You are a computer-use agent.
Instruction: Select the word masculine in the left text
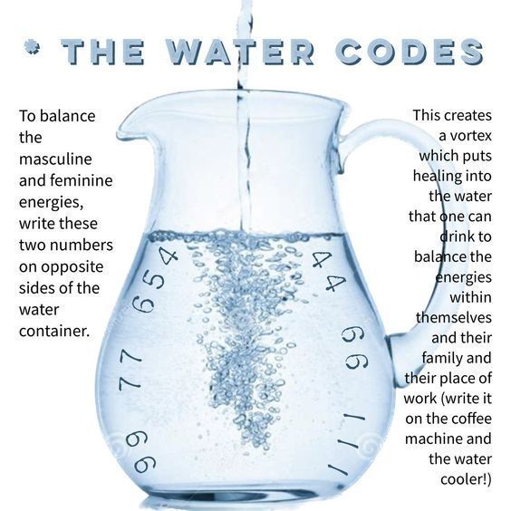click(55, 159)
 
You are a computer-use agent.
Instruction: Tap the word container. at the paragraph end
click(54, 330)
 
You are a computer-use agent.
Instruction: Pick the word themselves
click(454, 317)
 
